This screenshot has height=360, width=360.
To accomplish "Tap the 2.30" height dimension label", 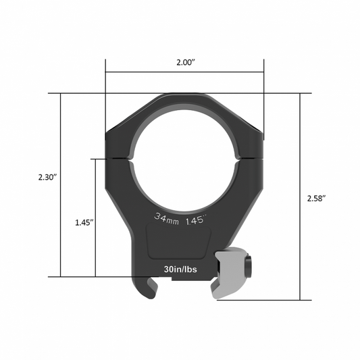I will (47, 177).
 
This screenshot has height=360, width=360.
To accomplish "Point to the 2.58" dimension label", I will (316, 198).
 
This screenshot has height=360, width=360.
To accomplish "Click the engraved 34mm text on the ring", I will (165, 218).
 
